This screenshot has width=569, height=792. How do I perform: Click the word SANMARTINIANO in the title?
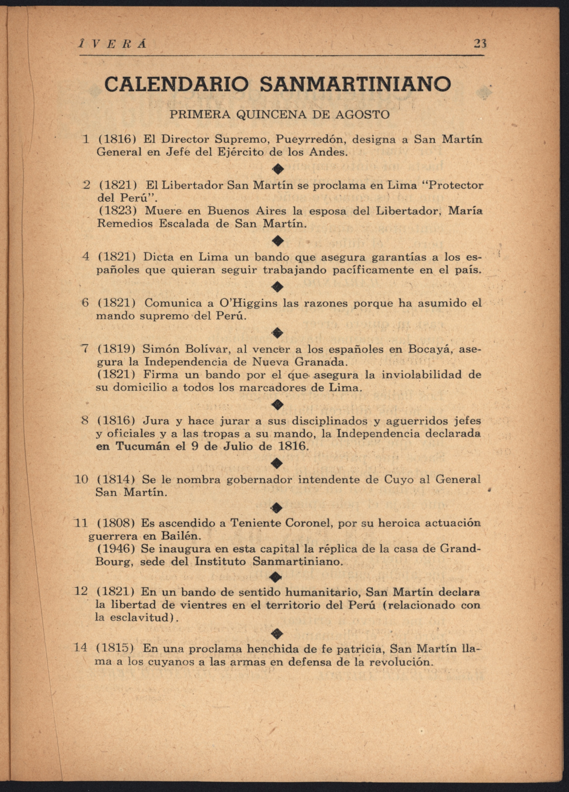click(356, 84)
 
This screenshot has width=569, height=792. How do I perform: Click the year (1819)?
click(116, 349)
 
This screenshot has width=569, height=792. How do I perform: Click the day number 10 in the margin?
click(81, 479)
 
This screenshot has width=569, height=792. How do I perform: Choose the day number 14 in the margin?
click(81, 647)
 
